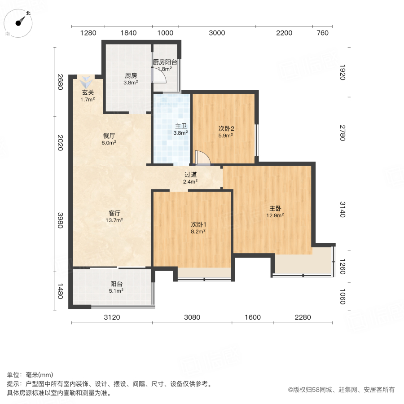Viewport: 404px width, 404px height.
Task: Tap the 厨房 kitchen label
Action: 131,75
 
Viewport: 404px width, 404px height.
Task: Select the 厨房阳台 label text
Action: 165,62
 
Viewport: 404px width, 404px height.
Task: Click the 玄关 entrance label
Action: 88,93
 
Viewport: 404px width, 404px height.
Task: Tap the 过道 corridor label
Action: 190,175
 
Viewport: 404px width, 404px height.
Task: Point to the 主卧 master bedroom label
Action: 275,208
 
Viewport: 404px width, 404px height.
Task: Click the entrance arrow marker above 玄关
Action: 86,83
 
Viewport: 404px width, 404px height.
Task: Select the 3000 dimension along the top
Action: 217,33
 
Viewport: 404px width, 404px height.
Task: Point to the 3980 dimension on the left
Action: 59,220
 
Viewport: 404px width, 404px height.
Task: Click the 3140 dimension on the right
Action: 343,209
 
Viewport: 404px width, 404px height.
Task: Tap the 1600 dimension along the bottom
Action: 253,317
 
